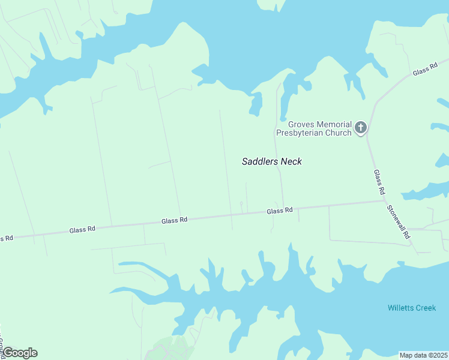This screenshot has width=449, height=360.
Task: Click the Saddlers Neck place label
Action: point(271,161)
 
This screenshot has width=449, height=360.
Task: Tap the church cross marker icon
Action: point(360,127)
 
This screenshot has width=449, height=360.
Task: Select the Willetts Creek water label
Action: point(412,308)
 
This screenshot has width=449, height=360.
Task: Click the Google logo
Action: point(19,353)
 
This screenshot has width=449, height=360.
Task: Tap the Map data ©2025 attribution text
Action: point(424,355)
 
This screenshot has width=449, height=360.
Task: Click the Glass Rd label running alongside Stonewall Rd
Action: point(379,182)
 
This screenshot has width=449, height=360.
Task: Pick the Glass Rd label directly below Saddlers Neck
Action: point(280,211)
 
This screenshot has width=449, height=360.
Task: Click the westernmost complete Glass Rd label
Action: point(82,229)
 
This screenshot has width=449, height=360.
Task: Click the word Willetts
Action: point(400,308)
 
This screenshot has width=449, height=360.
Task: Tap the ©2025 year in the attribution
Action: point(436,355)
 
